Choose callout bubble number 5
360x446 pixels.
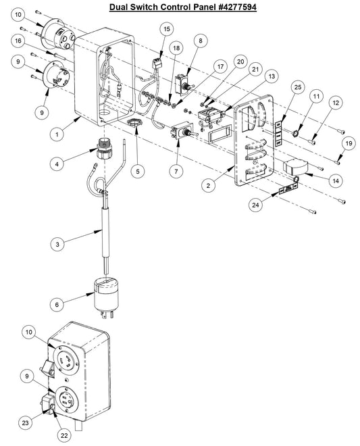[138, 172]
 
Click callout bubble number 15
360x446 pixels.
[166, 29]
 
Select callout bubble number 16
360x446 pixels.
[18, 41]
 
